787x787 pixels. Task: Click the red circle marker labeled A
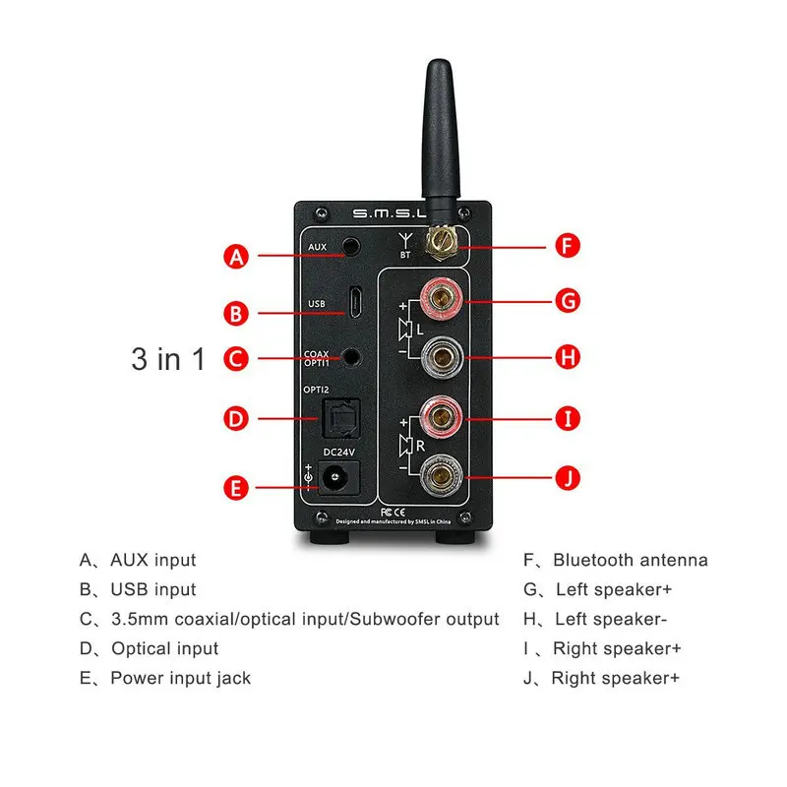tap(235, 257)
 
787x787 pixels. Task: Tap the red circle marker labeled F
tap(564, 245)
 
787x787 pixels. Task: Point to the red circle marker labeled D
tap(235, 419)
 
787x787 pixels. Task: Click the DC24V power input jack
tap(339, 481)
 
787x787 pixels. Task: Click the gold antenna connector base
tap(441, 241)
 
